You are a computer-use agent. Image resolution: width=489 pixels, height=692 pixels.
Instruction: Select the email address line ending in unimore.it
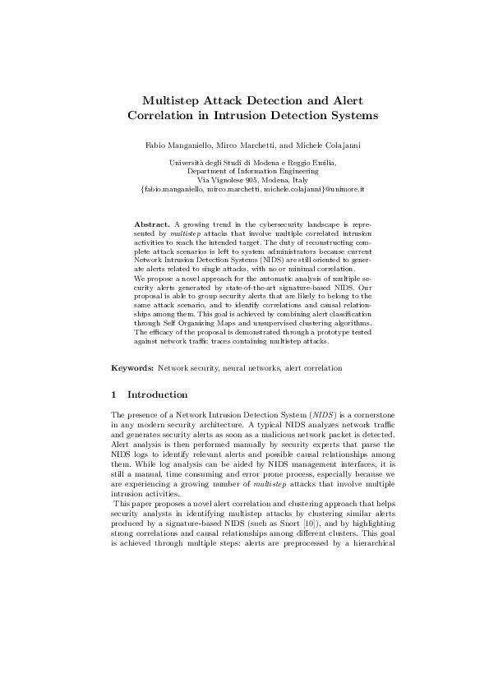tap(252, 189)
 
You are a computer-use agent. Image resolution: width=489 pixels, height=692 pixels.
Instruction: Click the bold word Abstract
tap(152, 224)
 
